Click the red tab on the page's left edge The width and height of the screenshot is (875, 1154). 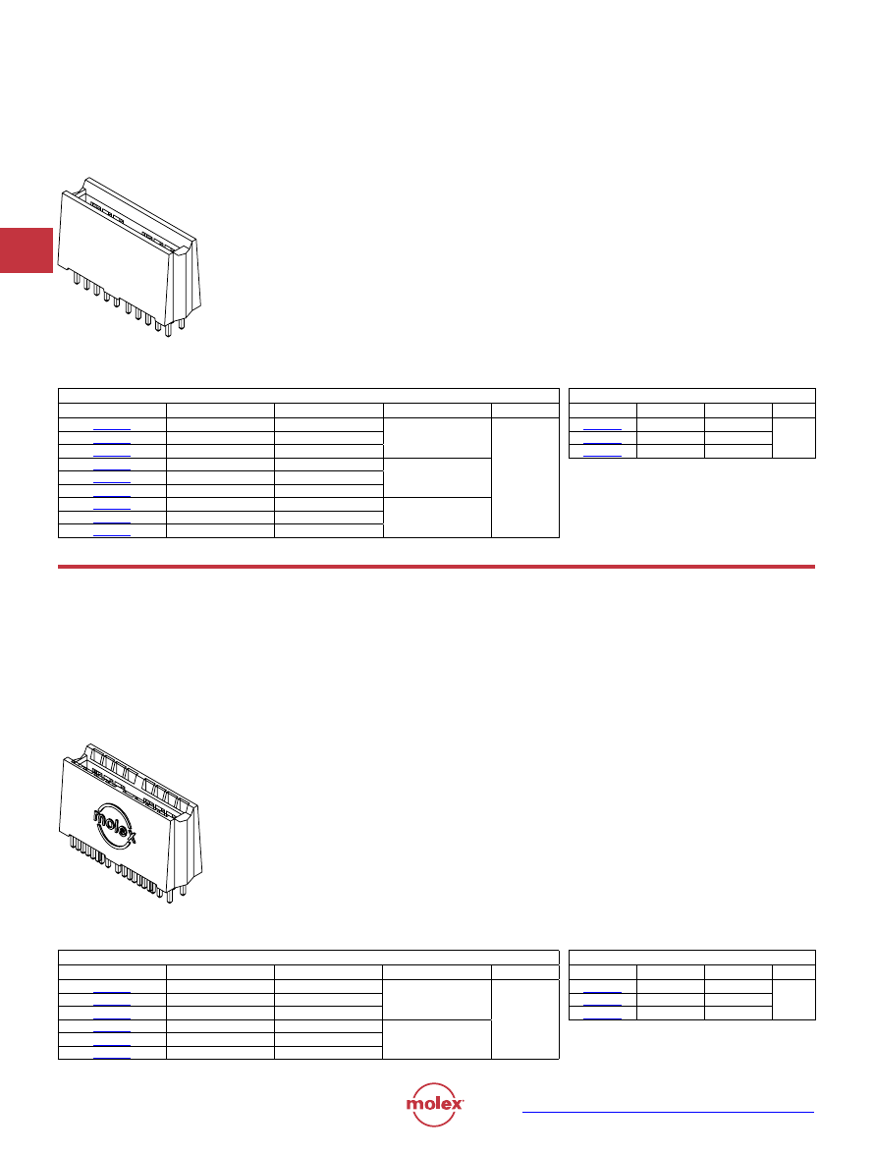pos(27,250)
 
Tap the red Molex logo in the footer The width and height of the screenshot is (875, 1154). pos(435,1104)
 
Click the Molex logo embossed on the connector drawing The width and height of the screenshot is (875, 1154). pos(115,825)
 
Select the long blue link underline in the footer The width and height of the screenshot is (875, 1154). pos(668,1112)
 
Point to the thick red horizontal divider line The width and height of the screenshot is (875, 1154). pos(436,567)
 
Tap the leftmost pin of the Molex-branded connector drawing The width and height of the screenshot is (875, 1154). pos(72,841)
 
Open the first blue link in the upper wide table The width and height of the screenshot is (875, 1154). pos(112,429)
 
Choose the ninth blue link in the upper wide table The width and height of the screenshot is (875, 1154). pos(112,535)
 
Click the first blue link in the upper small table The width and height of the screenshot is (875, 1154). pos(602,429)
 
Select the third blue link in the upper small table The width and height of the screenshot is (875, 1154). pos(602,456)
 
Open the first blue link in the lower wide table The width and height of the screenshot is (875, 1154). pos(112,991)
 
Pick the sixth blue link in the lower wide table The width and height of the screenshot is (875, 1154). pos(112,1057)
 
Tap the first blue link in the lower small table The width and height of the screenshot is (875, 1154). pos(602,991)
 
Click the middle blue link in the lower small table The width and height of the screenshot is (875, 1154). pos(602,1005)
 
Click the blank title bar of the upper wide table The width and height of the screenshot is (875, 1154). pos(308,396)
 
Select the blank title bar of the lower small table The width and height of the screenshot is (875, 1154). pos(691,958)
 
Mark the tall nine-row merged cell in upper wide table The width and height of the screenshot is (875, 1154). pos(525,477)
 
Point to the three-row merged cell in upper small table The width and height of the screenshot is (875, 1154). pos(793,438)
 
